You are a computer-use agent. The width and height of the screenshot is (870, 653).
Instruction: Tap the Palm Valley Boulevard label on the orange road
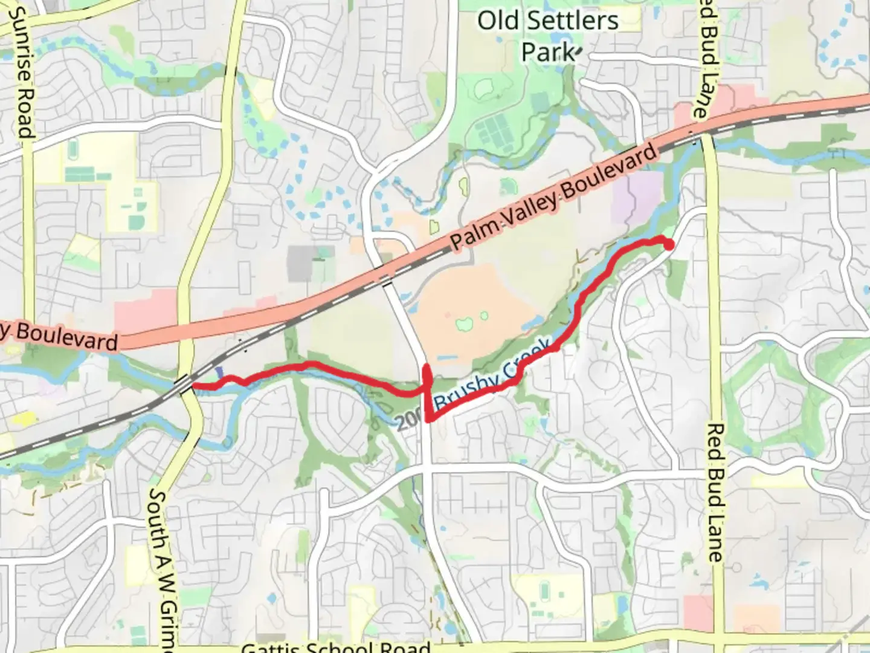(553, 197)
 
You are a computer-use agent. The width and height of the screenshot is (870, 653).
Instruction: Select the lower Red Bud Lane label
(715, 493)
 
